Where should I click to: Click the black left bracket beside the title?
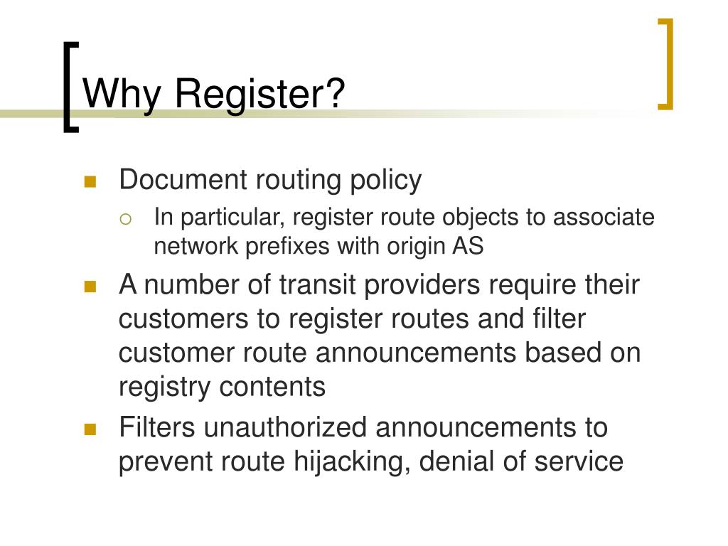(69, 87)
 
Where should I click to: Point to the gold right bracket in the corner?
(665, 64)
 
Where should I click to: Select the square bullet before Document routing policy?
(90, 182)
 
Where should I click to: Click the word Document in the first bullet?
(182, 180)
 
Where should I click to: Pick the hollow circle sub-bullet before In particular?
(126, 219)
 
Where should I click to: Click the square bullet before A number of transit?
(90, 287)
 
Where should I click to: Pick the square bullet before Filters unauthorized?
(90, 429)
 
